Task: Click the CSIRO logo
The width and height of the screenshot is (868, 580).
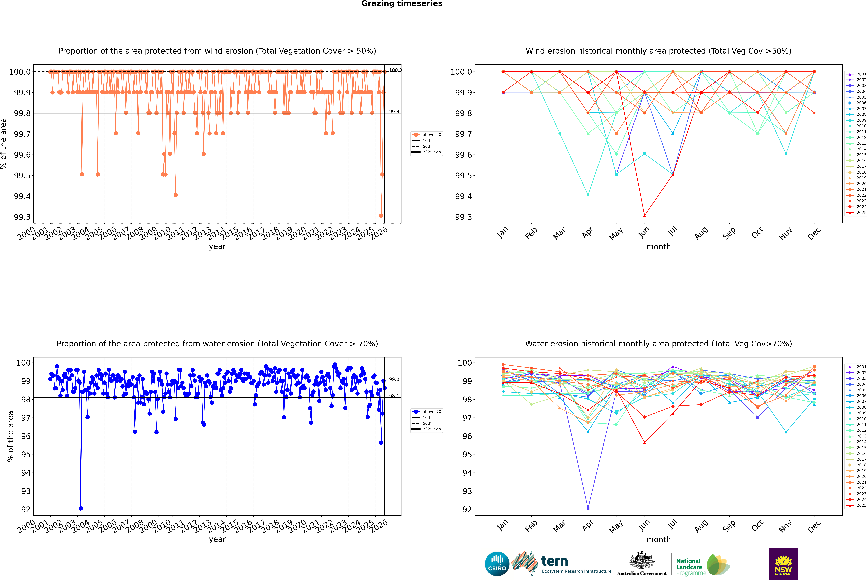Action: pyautogui.click(x=497, y=564)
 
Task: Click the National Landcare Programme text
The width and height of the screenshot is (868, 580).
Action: pyautogui.click(x=689, y=567)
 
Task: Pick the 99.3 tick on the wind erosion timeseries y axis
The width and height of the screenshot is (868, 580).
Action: pyautogui.click(x=22, y=217)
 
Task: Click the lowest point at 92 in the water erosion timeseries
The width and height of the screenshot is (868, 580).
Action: pyautogui.click(x=81, y=508)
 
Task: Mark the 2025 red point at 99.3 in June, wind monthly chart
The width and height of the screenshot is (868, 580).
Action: pyautogui.click(x=645, y=216)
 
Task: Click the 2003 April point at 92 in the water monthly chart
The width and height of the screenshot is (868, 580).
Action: pyautogui.click(x=588, y=508)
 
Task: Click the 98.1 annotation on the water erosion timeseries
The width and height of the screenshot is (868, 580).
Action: pyautogui.click(x=394, y=396)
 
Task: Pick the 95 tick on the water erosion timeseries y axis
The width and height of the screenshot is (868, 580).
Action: pyautogui.click(x=26, y=454)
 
